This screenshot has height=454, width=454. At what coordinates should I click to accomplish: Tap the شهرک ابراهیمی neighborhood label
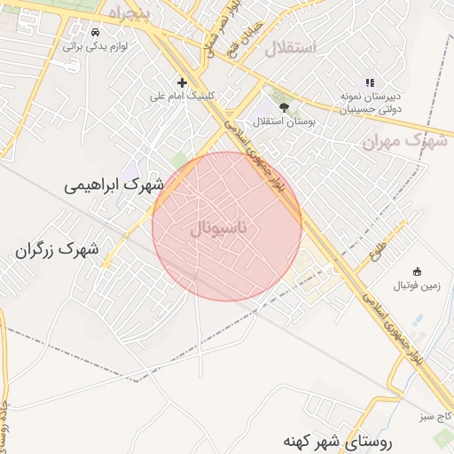[x=114, y=185]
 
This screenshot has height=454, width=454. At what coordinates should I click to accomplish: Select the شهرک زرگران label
[x=56, y=250]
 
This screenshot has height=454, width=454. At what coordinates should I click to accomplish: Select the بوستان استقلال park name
[x=282, y=121]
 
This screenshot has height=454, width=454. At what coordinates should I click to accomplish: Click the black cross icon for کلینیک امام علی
[x=182, y=82]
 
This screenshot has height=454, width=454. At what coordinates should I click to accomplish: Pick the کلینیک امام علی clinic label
[x=183, y=98]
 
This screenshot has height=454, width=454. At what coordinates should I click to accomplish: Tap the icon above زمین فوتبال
[x=418, y=271]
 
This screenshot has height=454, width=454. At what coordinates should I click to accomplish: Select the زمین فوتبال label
[x=417, y=286]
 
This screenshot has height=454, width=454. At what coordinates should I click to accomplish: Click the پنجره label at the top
[x=131, y=12]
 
